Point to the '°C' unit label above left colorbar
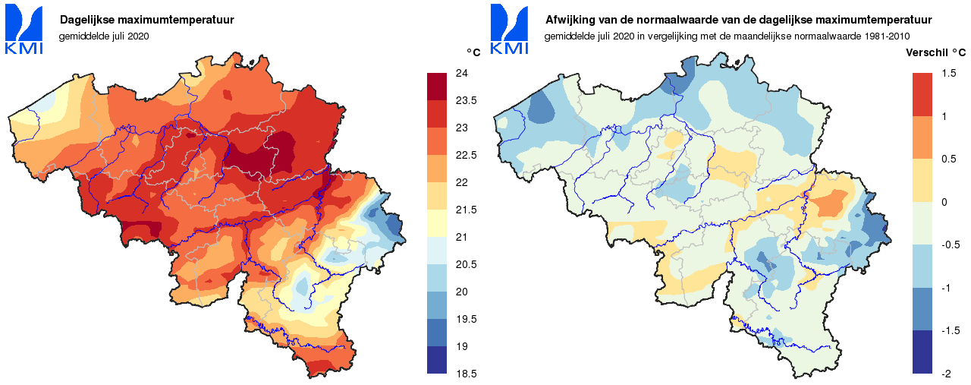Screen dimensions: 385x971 473,52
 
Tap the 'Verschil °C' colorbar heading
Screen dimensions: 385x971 937,52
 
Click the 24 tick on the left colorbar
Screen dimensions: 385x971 460,73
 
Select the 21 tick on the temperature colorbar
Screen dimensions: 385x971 460,237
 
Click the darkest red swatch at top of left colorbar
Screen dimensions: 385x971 438,87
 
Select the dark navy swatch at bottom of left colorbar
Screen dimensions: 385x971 438,360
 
